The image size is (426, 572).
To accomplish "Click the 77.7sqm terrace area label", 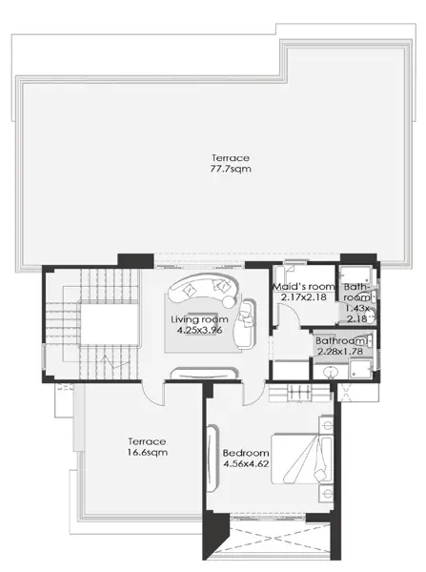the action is pos(231,169).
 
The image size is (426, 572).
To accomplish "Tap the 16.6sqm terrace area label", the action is pos(148,452).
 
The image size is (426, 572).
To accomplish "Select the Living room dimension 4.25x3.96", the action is pos(199,331).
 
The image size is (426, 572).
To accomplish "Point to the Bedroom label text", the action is pos(246,453).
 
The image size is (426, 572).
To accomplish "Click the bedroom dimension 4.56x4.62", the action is pos(246,464).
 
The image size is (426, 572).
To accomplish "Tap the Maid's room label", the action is pos(304,286).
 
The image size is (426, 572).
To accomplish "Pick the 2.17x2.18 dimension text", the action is pos(304,297).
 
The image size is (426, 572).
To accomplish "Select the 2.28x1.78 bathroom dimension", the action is pos(340,352).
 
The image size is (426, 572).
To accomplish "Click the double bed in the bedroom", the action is pos(302,459).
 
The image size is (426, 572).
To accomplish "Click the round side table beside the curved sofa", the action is pos(229,301).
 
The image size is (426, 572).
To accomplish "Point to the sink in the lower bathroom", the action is pos(331,372).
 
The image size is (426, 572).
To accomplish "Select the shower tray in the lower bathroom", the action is pos(360,369).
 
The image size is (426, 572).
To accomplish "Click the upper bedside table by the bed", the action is pos(327,425).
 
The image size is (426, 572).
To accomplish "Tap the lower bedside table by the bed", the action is pos(327,494).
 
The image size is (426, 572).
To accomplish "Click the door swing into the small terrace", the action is pos(152,394).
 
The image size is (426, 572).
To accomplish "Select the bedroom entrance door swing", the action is pos(254,394).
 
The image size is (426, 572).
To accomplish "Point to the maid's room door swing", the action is pos(288,316).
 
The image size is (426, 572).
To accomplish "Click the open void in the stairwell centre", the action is pos(110,323).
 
